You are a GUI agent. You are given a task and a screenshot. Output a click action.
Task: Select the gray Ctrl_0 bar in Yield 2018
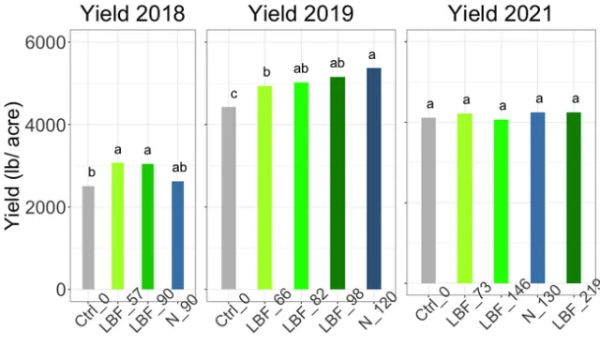tap(88, 237)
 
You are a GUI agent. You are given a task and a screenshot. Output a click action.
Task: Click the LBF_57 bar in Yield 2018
tap(117, 226)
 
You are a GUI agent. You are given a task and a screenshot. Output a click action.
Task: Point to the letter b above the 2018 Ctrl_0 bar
tap(90, 172)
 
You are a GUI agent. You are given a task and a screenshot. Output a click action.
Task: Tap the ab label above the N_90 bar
tap(179, 168)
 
